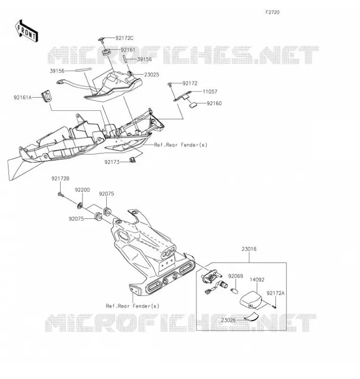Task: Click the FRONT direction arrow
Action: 26,31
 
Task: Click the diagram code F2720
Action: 272,12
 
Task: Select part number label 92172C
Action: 124,38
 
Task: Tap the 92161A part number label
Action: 23,98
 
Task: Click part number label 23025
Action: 152,75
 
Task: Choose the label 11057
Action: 210,91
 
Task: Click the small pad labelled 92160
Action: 193,105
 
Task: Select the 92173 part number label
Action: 112,162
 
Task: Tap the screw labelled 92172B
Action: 61,194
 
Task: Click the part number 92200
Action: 82,190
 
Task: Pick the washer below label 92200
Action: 80,206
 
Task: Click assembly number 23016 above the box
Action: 249,249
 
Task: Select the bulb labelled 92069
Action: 235,290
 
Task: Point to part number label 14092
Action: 257,280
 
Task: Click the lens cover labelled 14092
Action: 251,300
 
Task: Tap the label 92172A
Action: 276,293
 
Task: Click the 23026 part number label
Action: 229,320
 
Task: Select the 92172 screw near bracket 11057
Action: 170,84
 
